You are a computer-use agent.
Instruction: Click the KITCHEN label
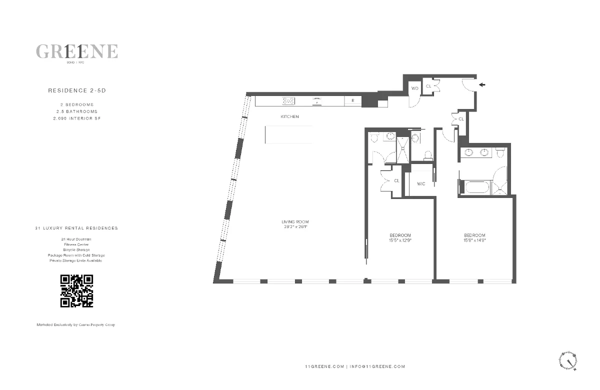tap(289, 116)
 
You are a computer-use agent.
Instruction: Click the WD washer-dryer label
tap(414, 88)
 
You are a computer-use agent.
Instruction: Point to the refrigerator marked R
tap(352, 100)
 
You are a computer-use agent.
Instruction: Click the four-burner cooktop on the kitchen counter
tap(288, 100)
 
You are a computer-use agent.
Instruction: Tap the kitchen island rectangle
tap(288, 134)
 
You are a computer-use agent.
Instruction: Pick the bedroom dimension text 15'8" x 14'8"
tap(474, 240)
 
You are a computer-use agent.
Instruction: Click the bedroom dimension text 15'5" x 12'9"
tap(400, 240)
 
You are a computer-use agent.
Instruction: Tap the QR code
tap(77, 290)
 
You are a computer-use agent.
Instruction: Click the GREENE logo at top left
tap(77, 51)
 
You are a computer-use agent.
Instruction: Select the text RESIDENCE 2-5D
tap(76, 91)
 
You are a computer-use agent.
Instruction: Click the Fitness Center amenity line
tap(76, 244)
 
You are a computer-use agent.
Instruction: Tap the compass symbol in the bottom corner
tap(568, 359)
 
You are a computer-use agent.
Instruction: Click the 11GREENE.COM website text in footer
tap(324, 366)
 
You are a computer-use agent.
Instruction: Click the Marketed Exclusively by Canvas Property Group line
tap(76, 325)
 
